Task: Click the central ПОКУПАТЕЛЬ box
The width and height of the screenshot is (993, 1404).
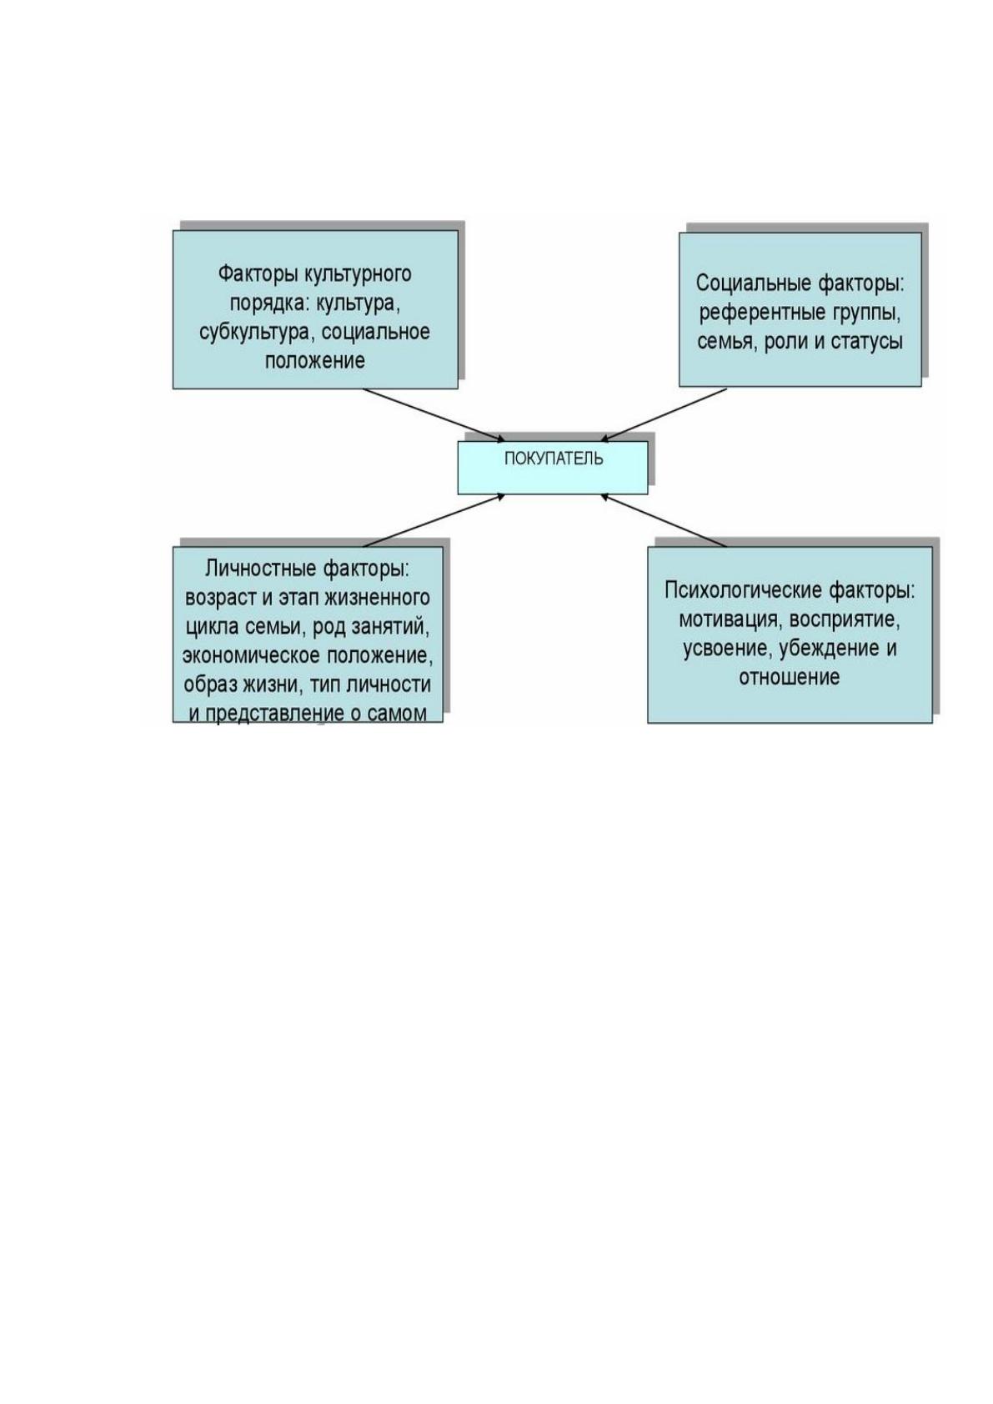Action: pyautogui.click(x=552, y=468)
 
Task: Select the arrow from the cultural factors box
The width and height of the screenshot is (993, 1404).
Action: pyautogui.click(x=434, y=415)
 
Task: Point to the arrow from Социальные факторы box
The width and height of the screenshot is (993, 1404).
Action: pyautogui.click(x=664, y=414)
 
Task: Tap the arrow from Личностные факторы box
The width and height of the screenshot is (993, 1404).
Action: pyautogui.click(x=434, y=520)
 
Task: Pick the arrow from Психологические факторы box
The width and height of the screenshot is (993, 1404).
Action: pyautogui.click(x=664, y=520)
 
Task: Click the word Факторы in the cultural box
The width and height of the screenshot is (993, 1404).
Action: pyautogui.click(x=258, y=274)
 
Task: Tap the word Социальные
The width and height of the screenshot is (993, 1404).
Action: pyautogui.click(x=754, y=283)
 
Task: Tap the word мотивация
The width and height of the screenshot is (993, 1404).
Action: pyautogui.click(x=730, y=620)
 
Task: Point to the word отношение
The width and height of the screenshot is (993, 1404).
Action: pyautogui.click(x=790, y=678)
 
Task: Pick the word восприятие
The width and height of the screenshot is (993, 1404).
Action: pyautogui.click(x=845, y=620)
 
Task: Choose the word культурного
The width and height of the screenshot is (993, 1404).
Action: pyautogui.click(x=358, y=275)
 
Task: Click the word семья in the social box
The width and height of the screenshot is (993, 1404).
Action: pyautogui.click(x=727, y=342)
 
